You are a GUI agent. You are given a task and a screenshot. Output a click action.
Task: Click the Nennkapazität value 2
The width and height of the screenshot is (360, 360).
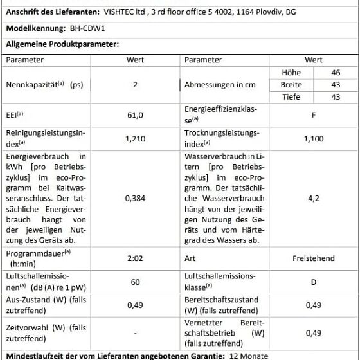(x=135, y=84)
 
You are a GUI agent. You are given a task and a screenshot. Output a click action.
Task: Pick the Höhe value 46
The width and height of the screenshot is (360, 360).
(x=336, y=73)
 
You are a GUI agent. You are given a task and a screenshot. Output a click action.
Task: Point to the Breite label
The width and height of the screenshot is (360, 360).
(x=291, y=85)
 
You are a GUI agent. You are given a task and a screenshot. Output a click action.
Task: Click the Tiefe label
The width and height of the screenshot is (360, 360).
(x=291, y=97)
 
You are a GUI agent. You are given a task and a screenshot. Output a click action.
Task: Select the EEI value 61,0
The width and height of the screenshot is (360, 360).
(x=135, y=115)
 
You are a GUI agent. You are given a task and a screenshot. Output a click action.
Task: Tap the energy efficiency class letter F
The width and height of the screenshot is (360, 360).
(x=313, y=115)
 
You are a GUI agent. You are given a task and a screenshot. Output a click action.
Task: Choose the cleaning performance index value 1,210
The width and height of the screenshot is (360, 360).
(x=135, y=139)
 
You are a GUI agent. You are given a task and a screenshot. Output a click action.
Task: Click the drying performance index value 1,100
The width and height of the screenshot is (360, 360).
(x=313, y=139)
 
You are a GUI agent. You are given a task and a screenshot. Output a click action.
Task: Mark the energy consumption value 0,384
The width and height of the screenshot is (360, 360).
(x=135, y=199)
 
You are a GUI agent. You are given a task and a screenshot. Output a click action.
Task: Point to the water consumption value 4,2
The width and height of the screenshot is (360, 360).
(x=313, y=199)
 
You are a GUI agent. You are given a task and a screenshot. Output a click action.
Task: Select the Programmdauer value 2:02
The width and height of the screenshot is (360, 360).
(x=135, y=258)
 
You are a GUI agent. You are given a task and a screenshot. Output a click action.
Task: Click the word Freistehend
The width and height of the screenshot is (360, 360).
(x=313, y=258)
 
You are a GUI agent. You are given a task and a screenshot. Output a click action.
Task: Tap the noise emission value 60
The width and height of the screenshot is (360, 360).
(x=135, y=282)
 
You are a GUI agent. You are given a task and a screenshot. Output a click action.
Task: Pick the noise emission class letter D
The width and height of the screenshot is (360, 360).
(x=313, y=282)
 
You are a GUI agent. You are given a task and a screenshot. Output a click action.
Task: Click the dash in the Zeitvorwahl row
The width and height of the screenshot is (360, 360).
(x=135, y=334)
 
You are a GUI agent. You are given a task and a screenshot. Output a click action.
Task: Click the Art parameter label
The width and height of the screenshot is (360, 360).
(x=191, y=258)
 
